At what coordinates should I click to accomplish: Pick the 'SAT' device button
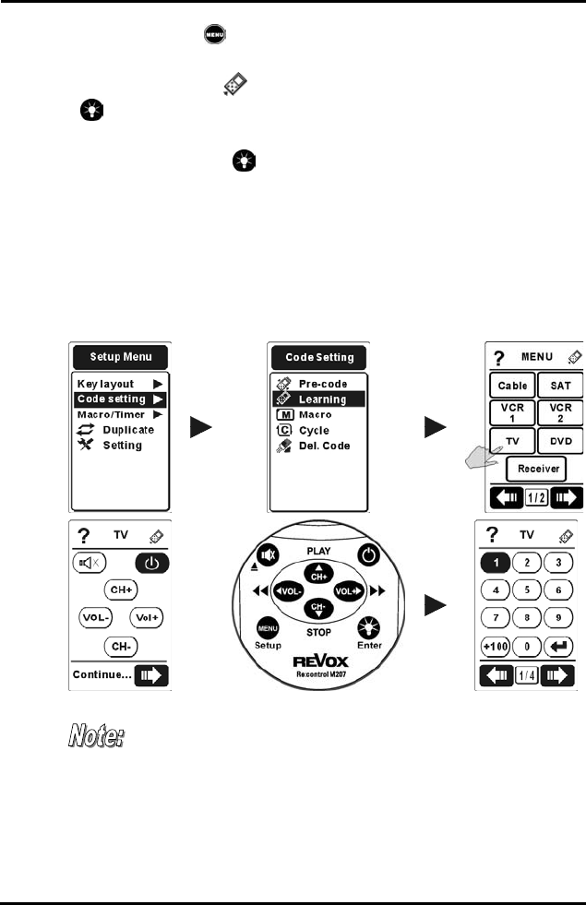coord(560,385)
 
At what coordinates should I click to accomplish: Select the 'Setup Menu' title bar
coord(120,358)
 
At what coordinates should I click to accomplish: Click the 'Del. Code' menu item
coord(329,446)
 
